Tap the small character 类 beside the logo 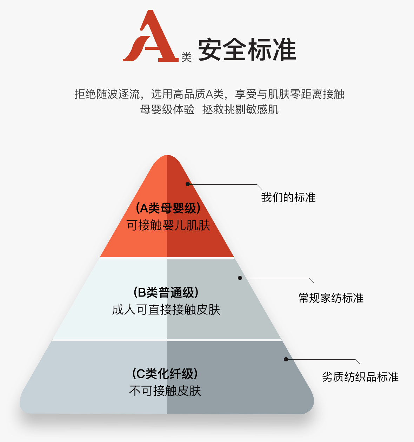186,57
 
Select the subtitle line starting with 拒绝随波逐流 209,94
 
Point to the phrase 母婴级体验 167,109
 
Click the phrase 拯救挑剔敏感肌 240,109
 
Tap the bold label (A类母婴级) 168,208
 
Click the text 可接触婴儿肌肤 168,225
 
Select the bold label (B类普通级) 166,292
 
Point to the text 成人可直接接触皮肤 166,310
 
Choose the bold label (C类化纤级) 165,374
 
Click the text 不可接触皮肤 165,390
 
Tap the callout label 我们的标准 288,197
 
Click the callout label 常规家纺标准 331,298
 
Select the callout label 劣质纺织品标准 360,377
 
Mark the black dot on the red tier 188,184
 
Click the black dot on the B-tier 240,278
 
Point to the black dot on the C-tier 286,359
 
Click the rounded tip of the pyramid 167,158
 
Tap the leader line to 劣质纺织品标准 323,360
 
